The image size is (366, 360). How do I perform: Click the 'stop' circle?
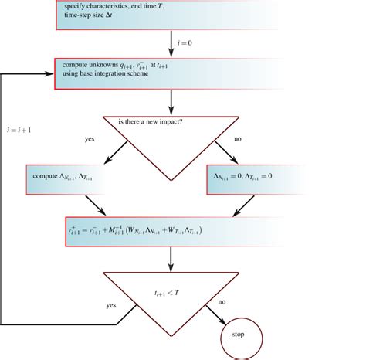click(237, 335)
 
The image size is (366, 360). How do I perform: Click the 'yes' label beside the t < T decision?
click(110, 306)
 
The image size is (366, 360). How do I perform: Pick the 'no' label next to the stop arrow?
click(222, 302)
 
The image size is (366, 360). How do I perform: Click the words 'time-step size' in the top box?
click(86, 15)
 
